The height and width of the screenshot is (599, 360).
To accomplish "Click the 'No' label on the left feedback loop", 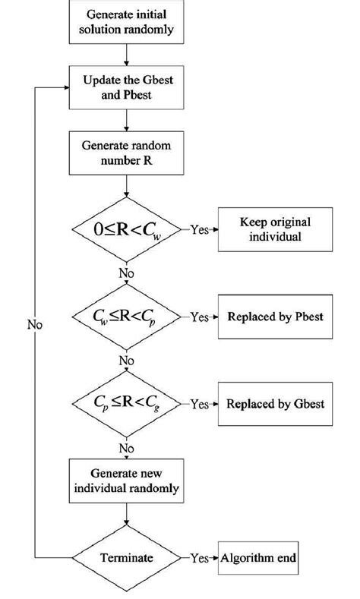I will pos(34,324).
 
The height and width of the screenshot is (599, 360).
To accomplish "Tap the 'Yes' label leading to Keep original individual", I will pos(199,228).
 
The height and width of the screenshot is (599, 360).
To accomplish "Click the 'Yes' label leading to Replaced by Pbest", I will pos(199,316).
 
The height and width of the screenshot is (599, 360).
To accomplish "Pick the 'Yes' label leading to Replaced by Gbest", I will pos(199,405).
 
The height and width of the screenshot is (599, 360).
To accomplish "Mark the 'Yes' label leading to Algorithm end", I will pos(199,558).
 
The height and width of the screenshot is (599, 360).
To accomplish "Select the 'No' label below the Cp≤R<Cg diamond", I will pos(127,448).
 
